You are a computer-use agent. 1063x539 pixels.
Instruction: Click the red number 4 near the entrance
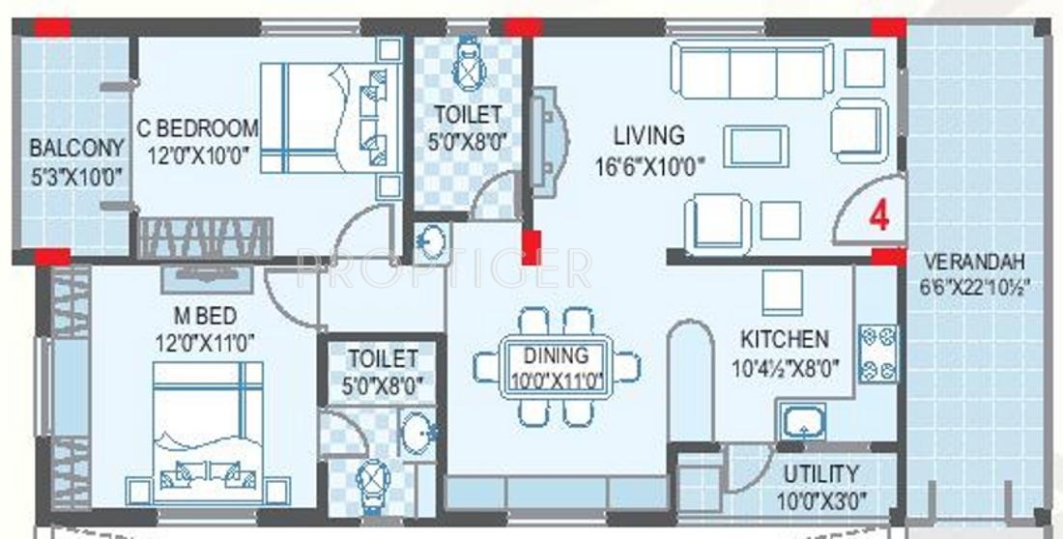pyautogui.click(x=878, y=215)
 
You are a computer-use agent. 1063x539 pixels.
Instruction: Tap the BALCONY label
pyautogui.click(x=76, y=149)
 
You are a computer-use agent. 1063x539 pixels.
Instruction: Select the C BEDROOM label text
pyautogui.click(x=197, y=128)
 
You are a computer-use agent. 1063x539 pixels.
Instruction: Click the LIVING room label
pyautogui.click(x=648, y=135)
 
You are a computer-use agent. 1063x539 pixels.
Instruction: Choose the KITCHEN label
pyautogui.click(x=784, y=339)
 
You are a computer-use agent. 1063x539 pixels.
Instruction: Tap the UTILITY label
pyautogui.click(x=820, y=474)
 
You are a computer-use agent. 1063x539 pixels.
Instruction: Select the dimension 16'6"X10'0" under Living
pyautogui.click(x=648, y=164)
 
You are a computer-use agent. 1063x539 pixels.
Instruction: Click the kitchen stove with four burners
pyautogui.click(x=877, y=355)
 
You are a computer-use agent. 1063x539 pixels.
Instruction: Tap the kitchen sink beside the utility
pyautogui.click(x=802, y=424)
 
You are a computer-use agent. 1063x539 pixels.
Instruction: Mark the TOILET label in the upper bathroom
pyautogui.click(x=468, y=114)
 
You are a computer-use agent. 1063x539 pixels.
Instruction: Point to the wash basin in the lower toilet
pyautogui.click(x=418, y=431)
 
